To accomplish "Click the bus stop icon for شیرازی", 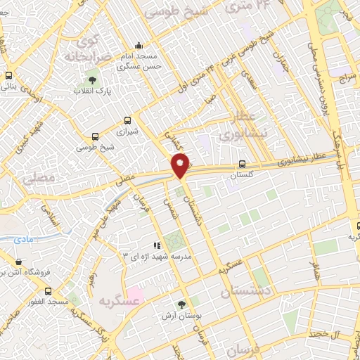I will coord(127,120).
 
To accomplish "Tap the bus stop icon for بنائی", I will coord(8,75).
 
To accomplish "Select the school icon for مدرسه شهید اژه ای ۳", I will coord(156,245).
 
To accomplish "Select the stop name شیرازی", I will coord(127,131).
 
